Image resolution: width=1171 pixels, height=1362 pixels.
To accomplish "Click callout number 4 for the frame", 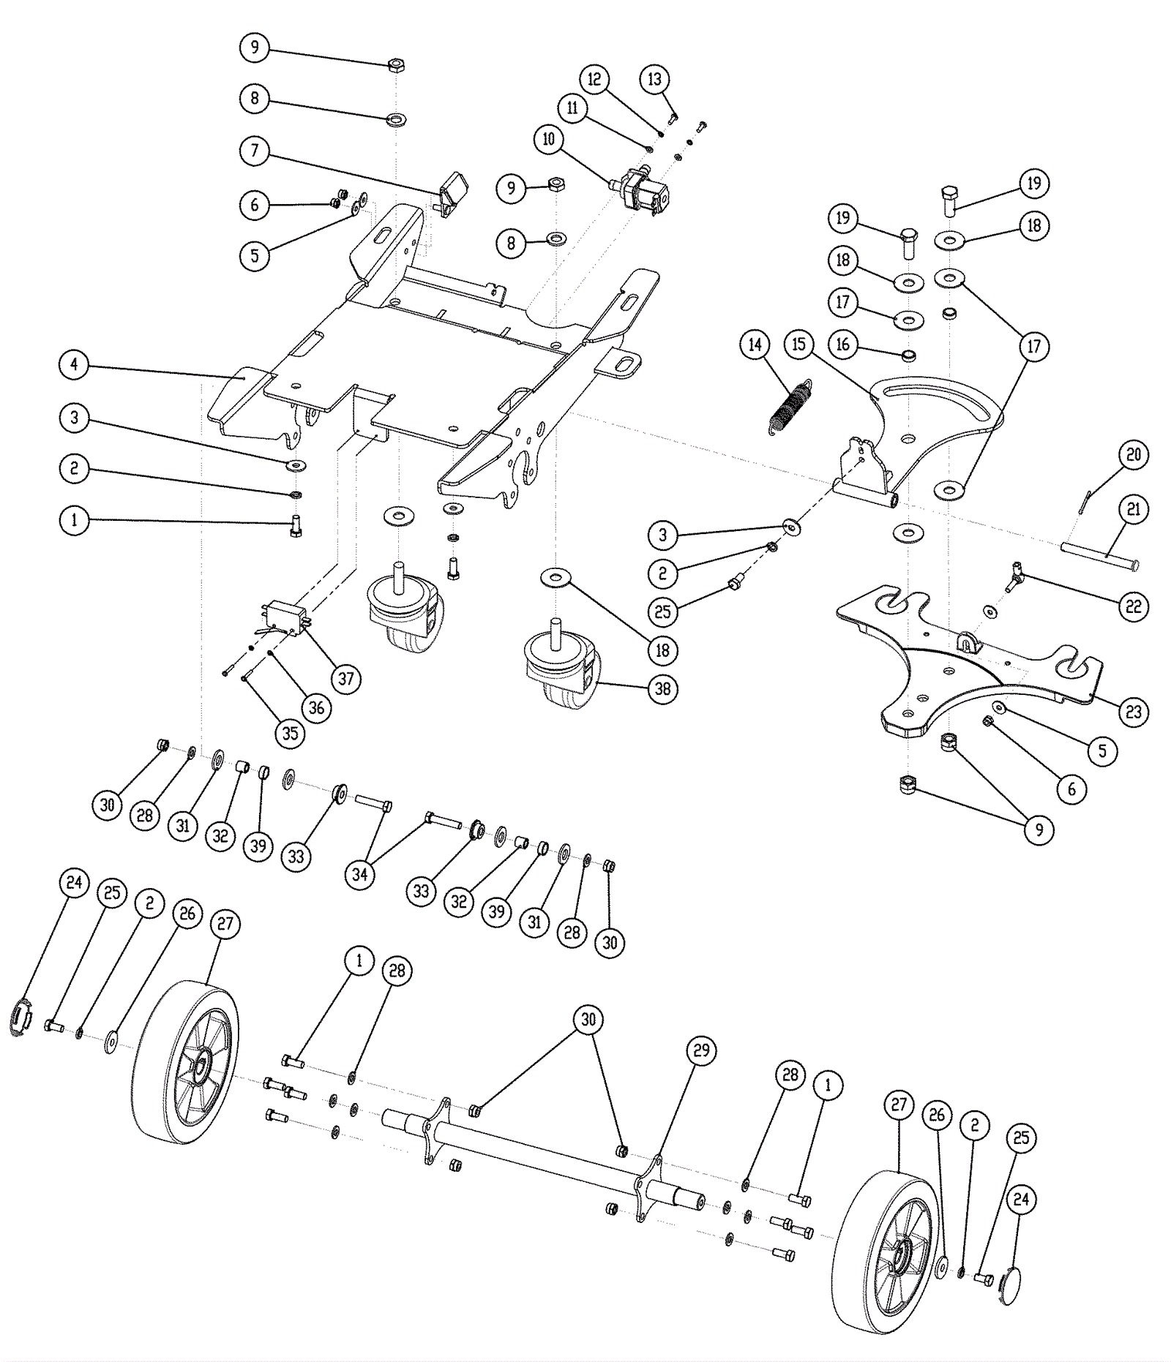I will tap(74, 364).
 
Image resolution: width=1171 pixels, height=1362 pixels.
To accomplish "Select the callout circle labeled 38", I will tap(663, 689).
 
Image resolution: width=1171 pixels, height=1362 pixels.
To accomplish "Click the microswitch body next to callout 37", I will tap(285, 612).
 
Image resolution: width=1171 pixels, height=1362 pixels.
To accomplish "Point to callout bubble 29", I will tap(701, 1050).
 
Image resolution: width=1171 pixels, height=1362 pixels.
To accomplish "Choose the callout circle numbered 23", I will tap(1134, 711).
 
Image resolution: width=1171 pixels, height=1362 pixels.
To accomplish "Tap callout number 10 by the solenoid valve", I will tap(549, 139).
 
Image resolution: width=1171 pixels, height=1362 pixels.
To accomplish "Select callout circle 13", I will tap(654, 79).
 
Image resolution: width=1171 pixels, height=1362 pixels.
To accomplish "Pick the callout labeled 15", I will tap(798, 344).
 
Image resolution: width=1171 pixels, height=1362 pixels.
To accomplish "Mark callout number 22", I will tap(1134, 606).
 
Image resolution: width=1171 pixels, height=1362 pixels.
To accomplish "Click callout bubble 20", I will tap(1134, 454).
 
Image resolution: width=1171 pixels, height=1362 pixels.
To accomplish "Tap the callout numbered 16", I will tap(843, 344).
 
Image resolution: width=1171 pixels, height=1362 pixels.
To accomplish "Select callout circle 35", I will tap(291, 733).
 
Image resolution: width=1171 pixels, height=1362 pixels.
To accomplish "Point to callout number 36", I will tap(316, 707).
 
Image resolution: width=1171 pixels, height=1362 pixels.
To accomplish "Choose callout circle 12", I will tap(594, 78).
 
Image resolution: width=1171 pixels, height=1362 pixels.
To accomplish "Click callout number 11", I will tap(572, 108).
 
